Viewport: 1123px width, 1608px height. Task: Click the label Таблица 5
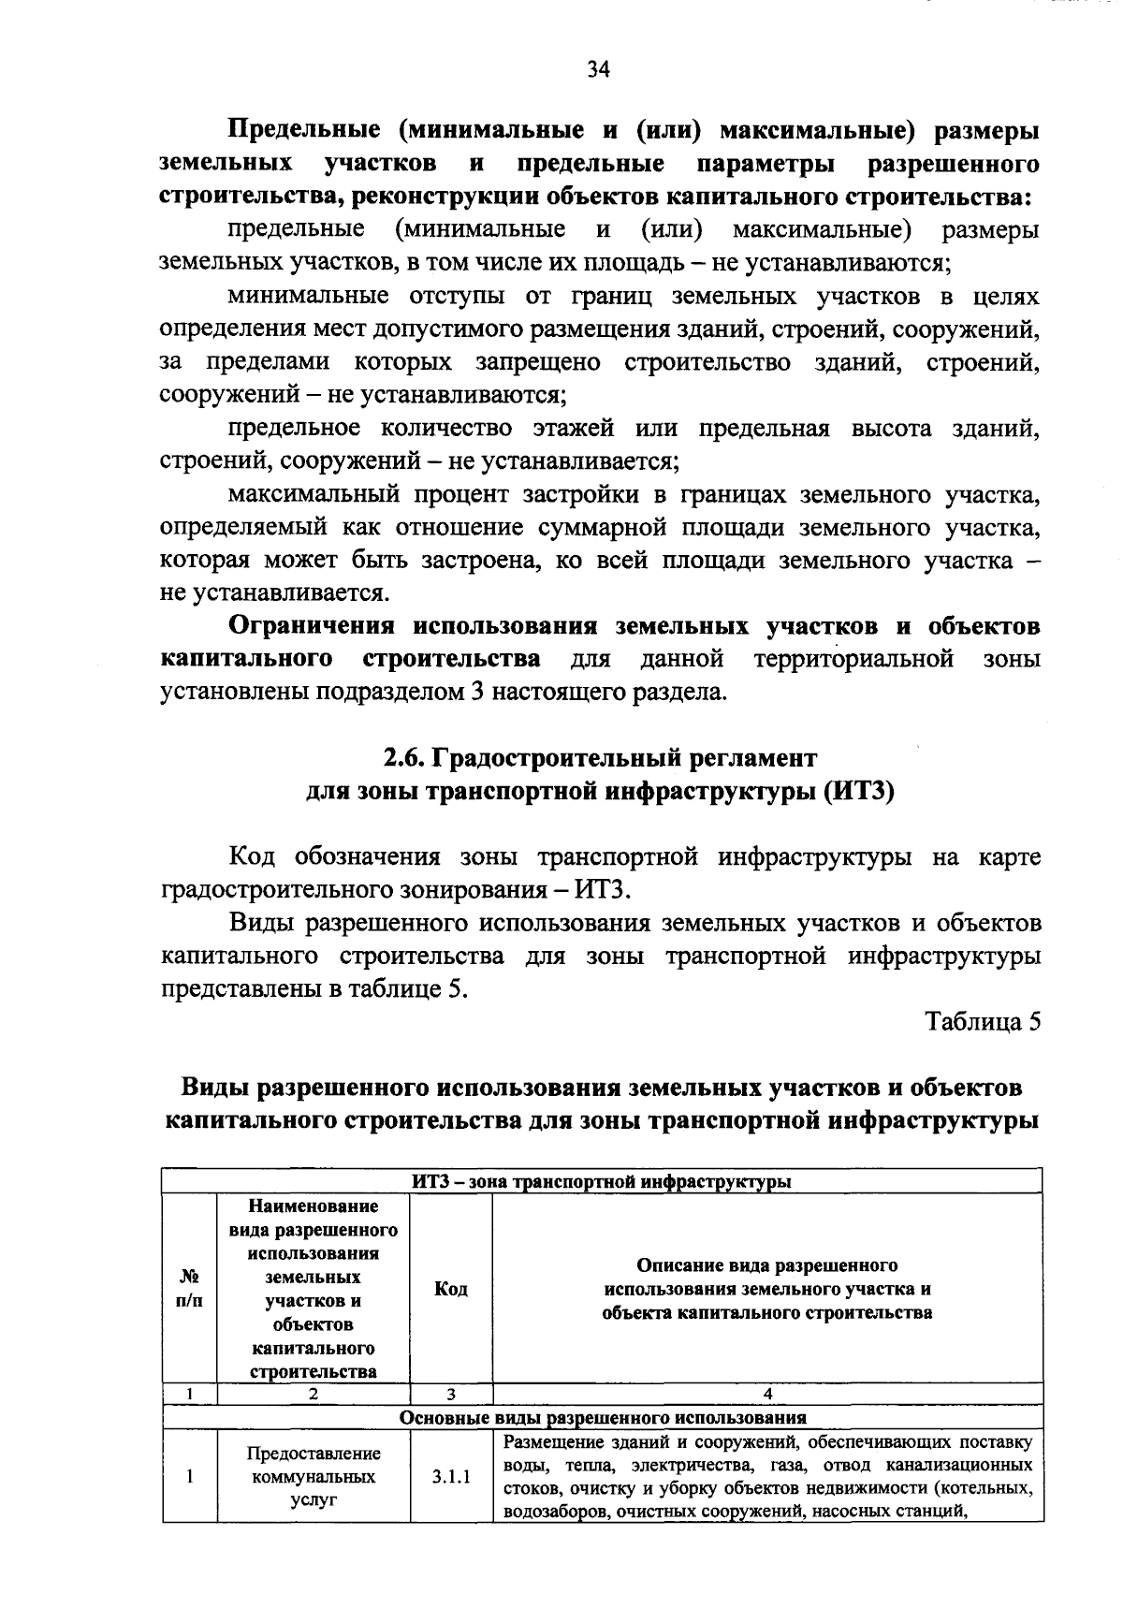click(x=983, y=1022)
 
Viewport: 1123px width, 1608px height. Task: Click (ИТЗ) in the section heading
click(x=859, y=791)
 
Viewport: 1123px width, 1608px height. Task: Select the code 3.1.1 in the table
click(x=451, y=1478)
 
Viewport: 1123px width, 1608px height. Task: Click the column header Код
click(x=451, y=1289)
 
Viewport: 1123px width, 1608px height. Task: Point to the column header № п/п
click(x=189, y=1289)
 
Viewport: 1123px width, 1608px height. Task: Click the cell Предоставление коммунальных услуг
click(x=314, y=1478)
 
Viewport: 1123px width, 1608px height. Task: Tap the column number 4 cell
click(x=767, y=1394)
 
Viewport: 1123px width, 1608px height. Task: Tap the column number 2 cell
click(x=314, y=1394)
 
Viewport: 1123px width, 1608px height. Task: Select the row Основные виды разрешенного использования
click(x=602, y=1417)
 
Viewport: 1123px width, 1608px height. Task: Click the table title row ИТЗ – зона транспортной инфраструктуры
click(x=602, y=1181)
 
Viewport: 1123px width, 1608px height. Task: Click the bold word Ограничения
click(x=313, y=626)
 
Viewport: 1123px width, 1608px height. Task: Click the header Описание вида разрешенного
click(x=767, y=1265)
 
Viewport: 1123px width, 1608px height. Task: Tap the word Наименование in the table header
click(x=314, y=1206)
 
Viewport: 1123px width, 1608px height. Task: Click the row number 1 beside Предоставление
click(x=189, y=1478)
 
